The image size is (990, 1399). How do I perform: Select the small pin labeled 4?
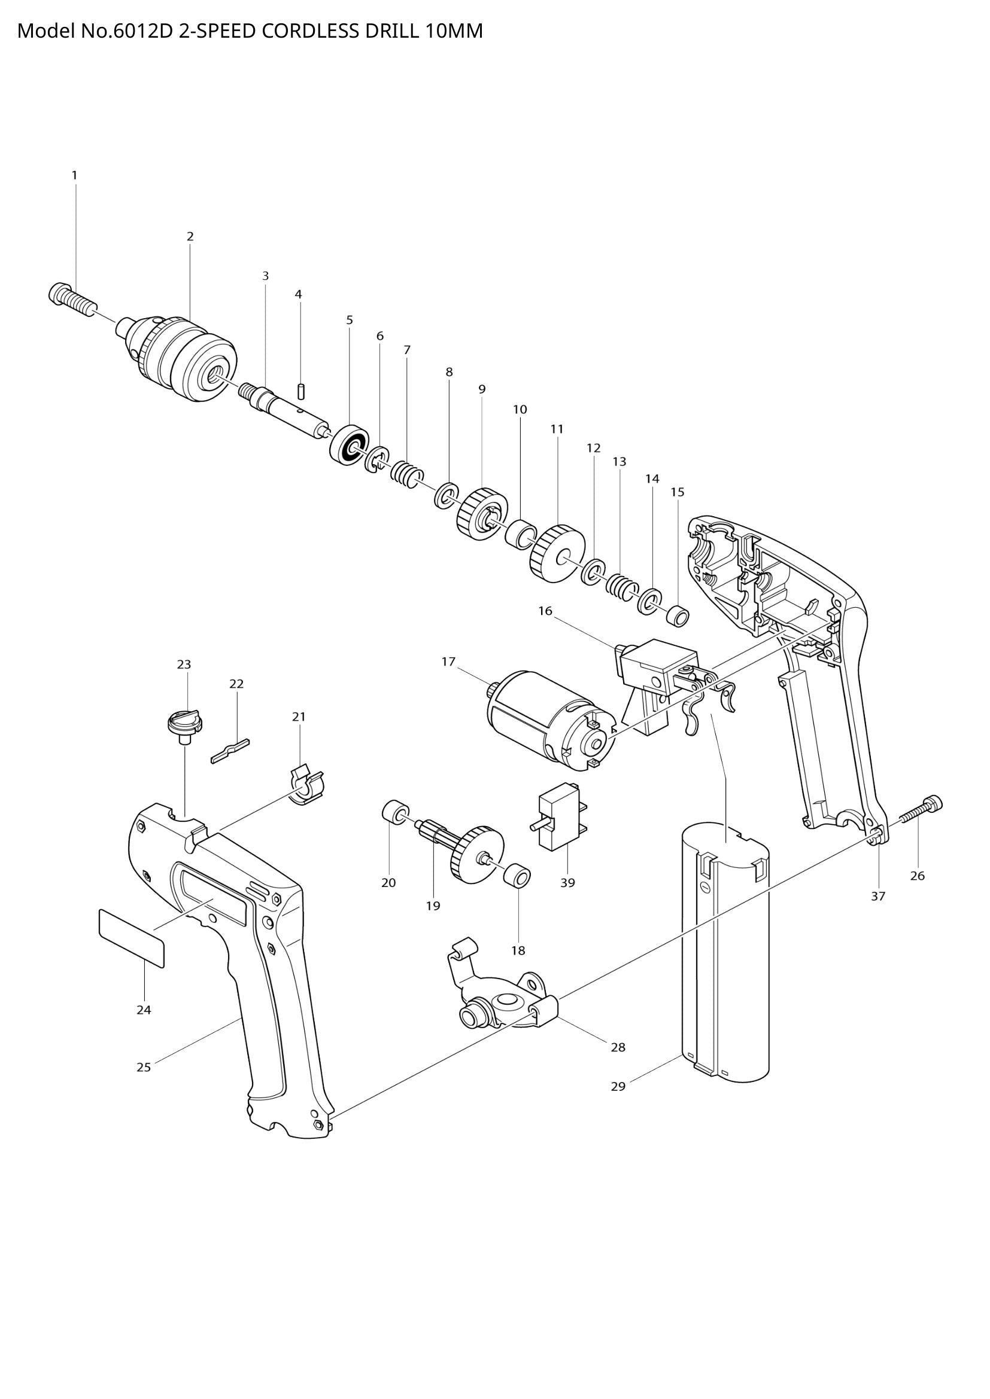[x=300, y=390]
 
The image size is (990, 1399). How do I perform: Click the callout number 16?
[x=545, y=611]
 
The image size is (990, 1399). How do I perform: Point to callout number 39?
[x=567, y=882]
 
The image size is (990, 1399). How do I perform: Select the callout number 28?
[x=618, y=1047]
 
